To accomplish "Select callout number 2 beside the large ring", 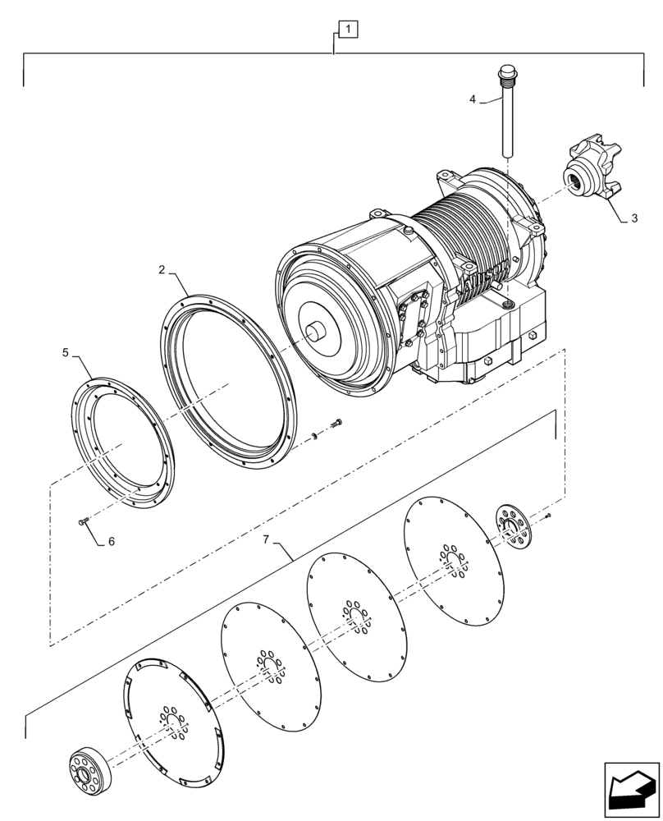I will click(162, 269).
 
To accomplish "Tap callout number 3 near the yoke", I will click(633, 219).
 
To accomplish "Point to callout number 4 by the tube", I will click(473, 99).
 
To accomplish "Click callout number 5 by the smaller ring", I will click(66, 353).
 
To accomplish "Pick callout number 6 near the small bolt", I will click(112, 542).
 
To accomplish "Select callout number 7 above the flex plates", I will click(265, 539).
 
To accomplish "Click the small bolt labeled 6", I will click(82, 521).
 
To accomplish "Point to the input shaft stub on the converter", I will click(315, 333).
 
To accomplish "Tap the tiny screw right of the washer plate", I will click(547, 516).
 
